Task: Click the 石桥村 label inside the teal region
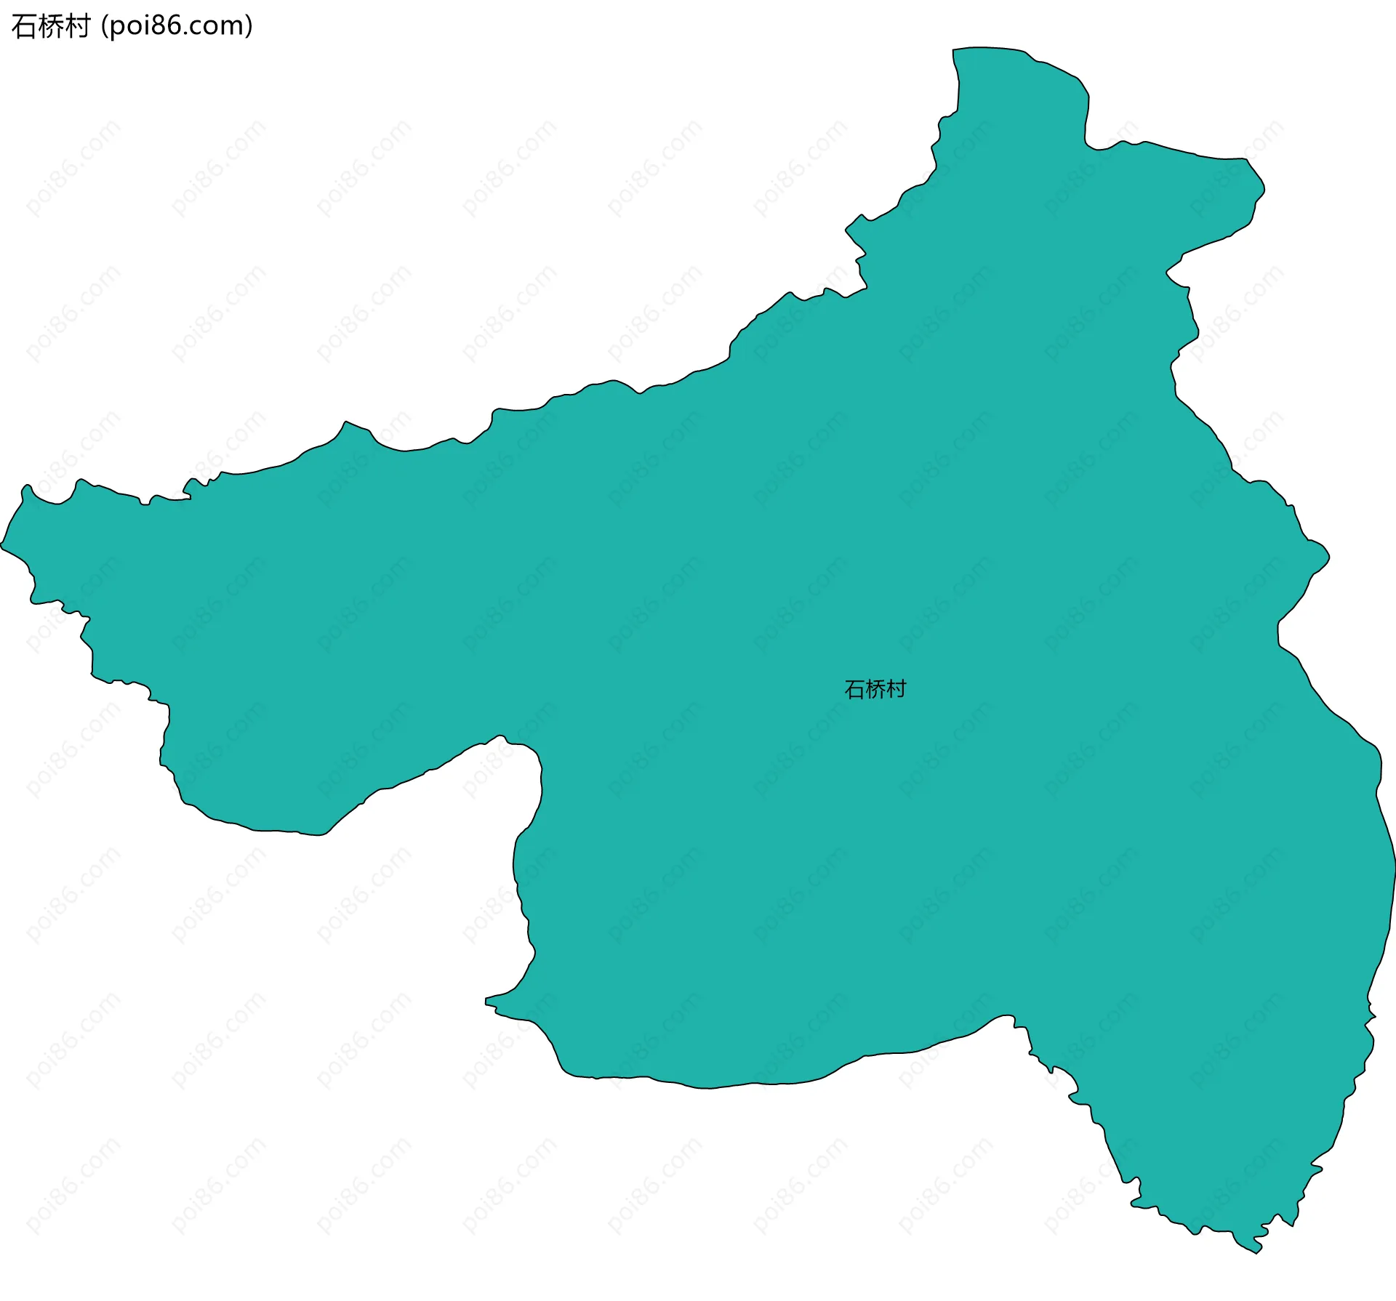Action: tap(875, 689)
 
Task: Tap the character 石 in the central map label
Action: tap(854, 689)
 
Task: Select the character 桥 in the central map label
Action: tap(875, 689)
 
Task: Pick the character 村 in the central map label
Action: tap(896, 689)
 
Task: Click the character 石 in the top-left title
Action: tap(25, 26)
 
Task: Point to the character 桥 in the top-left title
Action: tap(51, 26)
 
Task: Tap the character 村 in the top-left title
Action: tap(77, 26)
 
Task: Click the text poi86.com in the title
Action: tap(177, 26)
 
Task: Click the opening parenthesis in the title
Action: tap(105, 26)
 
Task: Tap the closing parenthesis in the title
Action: tap(249, 26)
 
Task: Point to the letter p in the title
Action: tap(117, 28)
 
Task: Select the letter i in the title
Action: tap(145, 26)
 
